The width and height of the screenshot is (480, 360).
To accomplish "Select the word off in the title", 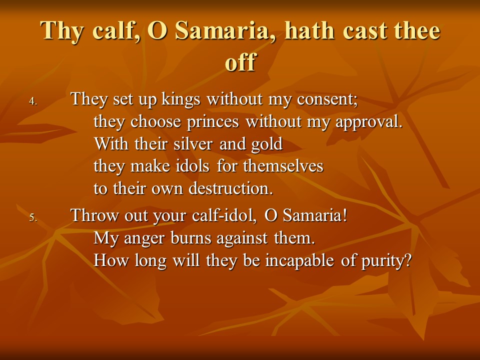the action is (240, 61).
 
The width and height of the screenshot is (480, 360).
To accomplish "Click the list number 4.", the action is (33, 101).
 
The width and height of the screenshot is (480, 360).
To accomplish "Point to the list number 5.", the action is (33, 217).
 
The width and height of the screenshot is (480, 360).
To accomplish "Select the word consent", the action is (325, 99).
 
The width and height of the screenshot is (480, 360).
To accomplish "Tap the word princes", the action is (213, 122).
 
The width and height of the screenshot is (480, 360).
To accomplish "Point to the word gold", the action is (266, 144).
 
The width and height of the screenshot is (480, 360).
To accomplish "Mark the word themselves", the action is (283, 166).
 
